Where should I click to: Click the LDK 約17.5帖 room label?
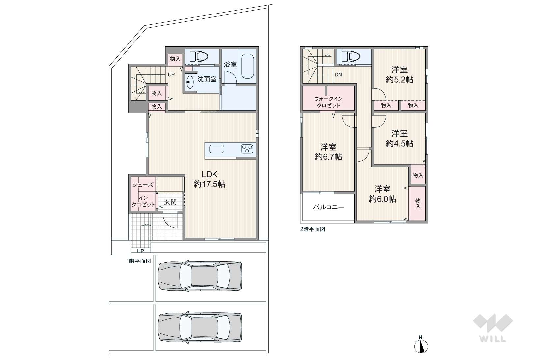pos(210,179)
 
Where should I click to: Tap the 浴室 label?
pos(230,64)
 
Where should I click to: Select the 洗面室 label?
pos(207,79)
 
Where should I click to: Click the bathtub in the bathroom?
pos(247,66)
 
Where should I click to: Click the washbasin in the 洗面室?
pos(190,82)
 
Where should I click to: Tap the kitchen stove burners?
pos(247,149)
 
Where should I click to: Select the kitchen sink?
pos(217,149)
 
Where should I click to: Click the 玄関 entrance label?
pos(170,202)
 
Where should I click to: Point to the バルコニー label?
pos(328,207)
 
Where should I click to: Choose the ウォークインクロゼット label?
pos(328,102)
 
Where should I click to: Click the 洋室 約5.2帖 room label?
pos(399,75)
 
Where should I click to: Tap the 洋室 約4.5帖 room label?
pos(399,139)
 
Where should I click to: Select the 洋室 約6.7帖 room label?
pos(328,152)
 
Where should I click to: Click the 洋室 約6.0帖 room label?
pos(382,194)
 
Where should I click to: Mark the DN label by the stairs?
pos(338,75)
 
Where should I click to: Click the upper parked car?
pos(200,276)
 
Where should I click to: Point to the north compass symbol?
pos(421,345)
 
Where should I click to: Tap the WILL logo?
pos(493,328)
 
